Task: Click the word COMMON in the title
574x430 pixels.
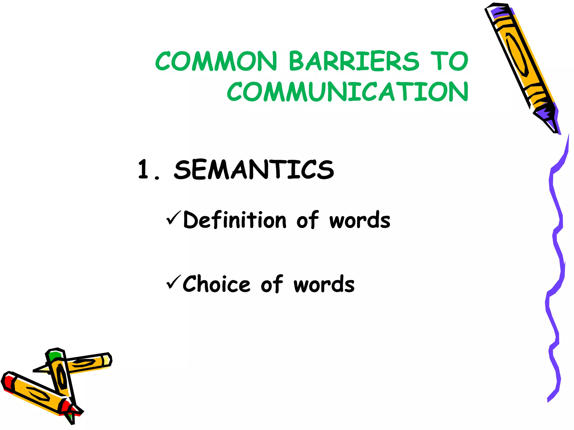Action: pos(216,61)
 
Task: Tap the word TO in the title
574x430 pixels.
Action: pos(449,61)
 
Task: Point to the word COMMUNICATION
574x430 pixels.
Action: pos(348,92)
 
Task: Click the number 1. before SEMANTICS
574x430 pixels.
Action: pos(148,170)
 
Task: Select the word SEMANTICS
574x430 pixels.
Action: pos(254,170)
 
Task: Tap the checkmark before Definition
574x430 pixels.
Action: pos(173,218)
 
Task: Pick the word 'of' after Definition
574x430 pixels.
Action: pos(307,220)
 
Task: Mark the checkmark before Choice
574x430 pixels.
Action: pos(173,282)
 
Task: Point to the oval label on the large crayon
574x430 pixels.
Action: pos(517,55)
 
